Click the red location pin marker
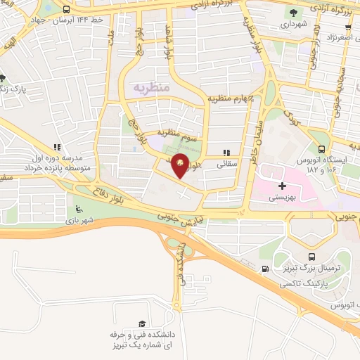tap(181, 164)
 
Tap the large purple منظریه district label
tap(149, 89)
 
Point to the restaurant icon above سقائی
tap(226, 152)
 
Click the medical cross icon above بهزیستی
tap(282, 186)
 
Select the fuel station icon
tap(264, 269)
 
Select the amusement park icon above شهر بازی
tap(78, 210)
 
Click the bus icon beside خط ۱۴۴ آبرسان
tap(66, 10)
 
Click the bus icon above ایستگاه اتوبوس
tap(321, 149)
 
